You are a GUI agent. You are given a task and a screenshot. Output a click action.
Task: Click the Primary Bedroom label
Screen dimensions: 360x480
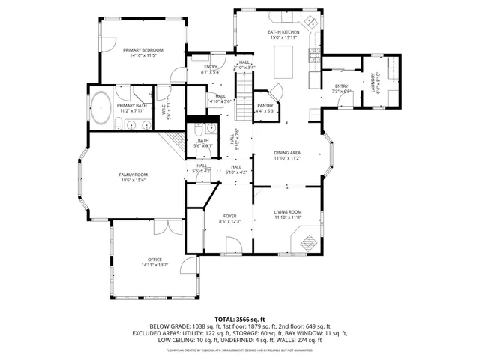tap(142, 49)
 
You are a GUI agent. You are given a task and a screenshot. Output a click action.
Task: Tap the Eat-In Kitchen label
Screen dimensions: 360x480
tap(284, 33)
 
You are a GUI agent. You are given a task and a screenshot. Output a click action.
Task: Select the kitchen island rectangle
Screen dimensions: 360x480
tap(284, 62)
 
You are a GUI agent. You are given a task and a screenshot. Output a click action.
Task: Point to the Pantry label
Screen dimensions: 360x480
tap(265, 106)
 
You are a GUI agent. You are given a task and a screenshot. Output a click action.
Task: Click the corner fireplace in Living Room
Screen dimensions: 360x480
tap(307, 241)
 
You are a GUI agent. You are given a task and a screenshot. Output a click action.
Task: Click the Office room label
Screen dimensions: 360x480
tap(154, 259)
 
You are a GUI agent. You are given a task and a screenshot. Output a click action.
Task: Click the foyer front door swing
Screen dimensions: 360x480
tap(233, 245)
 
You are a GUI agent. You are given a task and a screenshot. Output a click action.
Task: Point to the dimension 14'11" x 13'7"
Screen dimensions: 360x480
tap(154, 265)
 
